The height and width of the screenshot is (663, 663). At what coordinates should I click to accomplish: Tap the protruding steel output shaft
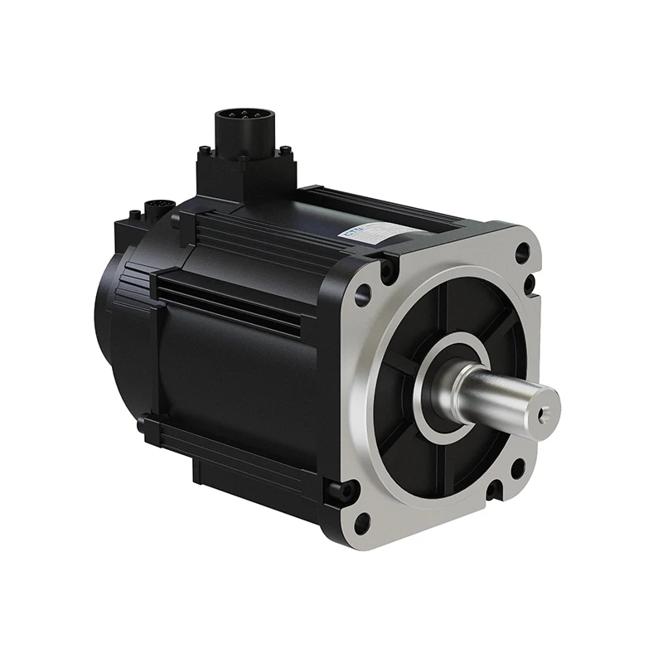coord(506,398)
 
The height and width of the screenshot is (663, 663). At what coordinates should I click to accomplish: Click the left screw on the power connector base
coord(204,151)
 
